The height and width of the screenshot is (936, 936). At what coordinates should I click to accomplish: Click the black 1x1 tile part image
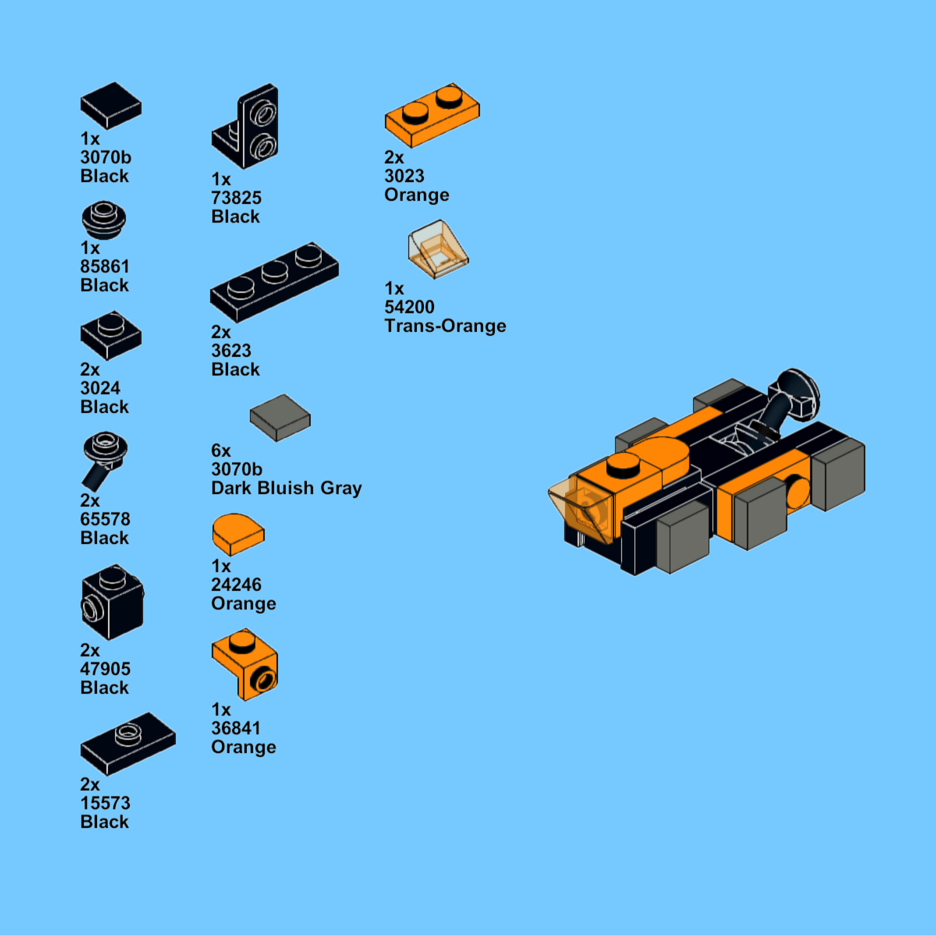pyautogui.click(x=111, y=105)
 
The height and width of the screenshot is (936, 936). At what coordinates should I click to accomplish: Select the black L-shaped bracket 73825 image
pyautogui.click(x=246, y=126)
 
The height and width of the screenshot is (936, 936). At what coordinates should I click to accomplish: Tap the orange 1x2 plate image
pyautogui.click(x=432, y=114)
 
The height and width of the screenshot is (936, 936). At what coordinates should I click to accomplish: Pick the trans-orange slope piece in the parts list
pyautogui.click(x=438, y=249)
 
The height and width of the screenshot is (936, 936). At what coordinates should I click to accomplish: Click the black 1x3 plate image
pyautogui.click(x=274, y=282)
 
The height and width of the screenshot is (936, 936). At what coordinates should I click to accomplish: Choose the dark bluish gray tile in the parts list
pyautogui.click(x=280, y=417)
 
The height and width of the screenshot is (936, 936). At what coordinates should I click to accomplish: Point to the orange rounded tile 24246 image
pyautogui.click(x=238, y=534)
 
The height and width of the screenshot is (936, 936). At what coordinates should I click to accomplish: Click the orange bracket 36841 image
pyautogui.click(x=246, y=664)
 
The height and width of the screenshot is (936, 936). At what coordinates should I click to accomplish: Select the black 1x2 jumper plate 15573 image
pyautogui.click(x=128, y=744)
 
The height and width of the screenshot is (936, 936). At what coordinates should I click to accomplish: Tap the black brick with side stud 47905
pyautogui.click(x=112, y=602)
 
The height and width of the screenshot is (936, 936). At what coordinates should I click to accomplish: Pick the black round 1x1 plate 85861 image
pyautogui.click(x=104, y=220)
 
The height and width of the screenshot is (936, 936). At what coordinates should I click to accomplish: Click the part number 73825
pyautogui.click(x=236, y=198)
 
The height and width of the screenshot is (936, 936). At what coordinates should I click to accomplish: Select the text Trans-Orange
pyautogui.click(x=445, y=325)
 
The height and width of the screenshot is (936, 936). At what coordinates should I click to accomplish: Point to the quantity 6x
pyautogui.click(x=221, y=451)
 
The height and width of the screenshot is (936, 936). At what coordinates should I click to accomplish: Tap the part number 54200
pyautogui.click(x=409, y=307)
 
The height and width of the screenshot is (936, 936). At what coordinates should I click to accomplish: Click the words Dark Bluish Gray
pyautogui.click(x=286, y=488)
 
